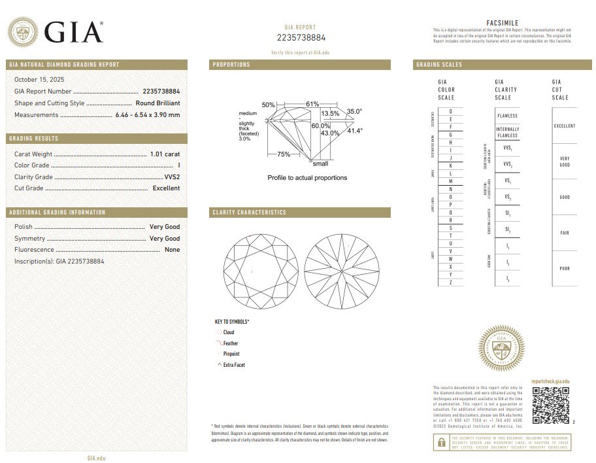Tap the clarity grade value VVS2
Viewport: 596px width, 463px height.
[172, 177]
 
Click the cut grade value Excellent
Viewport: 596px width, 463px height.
[166, 188]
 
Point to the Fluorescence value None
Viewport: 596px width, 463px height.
[172, 250]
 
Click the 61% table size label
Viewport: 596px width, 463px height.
[312, 105]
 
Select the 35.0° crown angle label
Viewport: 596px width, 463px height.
[354, 112]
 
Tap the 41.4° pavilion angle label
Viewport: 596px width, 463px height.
[354, 131]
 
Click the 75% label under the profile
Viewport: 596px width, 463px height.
[284, 154]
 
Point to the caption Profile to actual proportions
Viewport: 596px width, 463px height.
[307, 178]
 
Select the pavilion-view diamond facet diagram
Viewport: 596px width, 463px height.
[341, 271]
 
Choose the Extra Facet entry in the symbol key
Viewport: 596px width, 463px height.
[233, 365]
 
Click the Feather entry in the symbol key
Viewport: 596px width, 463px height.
[230, 343]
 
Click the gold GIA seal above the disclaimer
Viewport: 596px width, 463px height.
[501, 348]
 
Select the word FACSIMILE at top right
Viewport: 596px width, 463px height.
[503, 23]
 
